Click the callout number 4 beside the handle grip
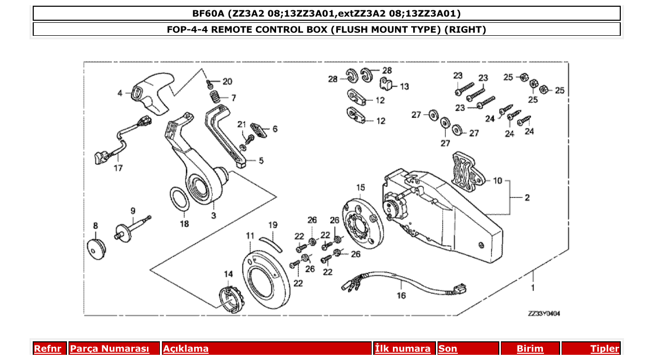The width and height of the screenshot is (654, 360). (x=120, y=93)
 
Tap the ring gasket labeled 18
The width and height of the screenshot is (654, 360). (x=180, y=199)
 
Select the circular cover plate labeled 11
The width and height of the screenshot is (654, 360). (x=266, y=274)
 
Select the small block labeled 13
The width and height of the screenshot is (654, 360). (x=387, y=83)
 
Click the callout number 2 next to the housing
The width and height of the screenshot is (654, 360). (x=527, y=198)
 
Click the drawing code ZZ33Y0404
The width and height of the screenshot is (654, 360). (x=543, y=313)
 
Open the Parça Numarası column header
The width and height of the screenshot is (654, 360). (x=110, y=349)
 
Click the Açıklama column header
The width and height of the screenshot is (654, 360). (x=186, y=349)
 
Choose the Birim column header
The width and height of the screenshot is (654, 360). (x=530, y=349)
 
